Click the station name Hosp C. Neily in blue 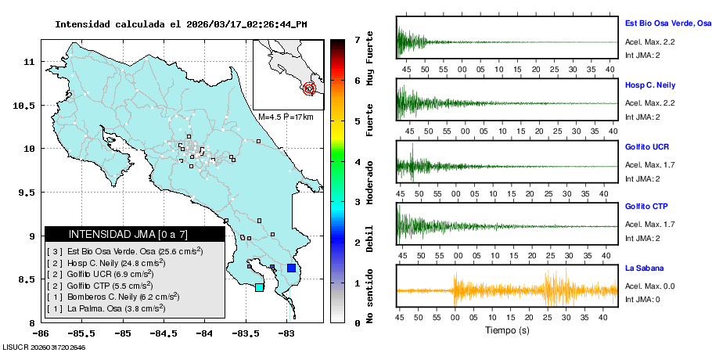point(649,85)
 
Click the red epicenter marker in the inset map point(309,88)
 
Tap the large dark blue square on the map point(292,268)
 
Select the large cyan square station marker point(259,287)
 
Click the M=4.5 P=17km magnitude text point(286,117)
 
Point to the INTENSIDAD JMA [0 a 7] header point(128,234)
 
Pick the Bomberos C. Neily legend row point(113,297)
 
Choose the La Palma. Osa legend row point(106,308)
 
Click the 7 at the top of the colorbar point(358,40)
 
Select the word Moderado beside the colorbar point(370,182)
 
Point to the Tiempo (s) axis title point(507,330)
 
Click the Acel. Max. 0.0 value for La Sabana point(649,286)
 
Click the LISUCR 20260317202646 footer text point(44,347)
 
